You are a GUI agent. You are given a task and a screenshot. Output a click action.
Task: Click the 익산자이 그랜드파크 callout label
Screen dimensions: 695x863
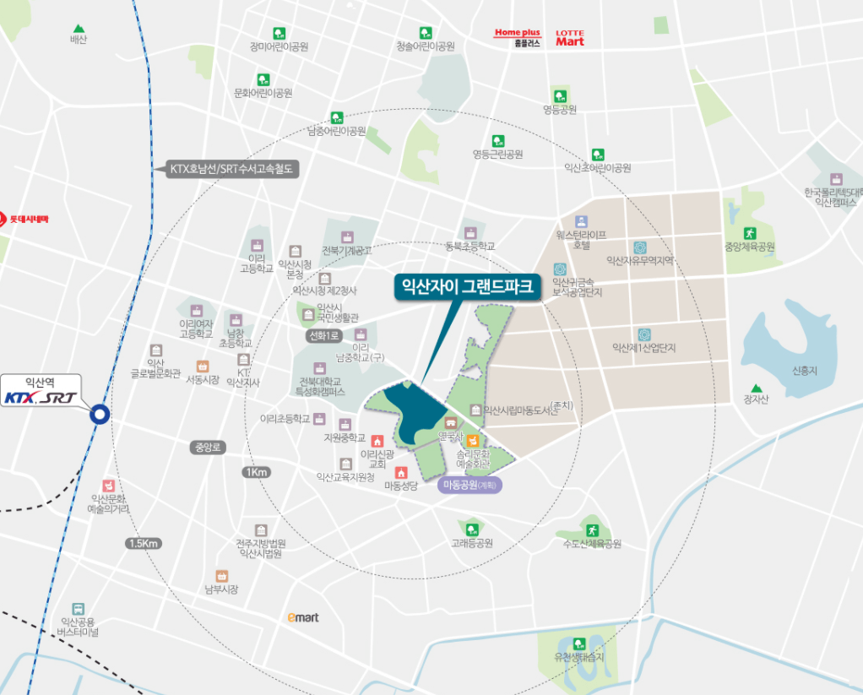[466, 287]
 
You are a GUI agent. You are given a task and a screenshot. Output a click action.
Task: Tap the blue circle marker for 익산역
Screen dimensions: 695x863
[100, 414]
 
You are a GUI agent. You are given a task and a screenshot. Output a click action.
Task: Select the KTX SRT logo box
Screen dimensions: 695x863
[41, 398]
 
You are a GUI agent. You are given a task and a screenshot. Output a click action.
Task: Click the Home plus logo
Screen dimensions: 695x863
[517, 33]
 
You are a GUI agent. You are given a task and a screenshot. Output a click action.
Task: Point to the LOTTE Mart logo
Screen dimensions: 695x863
[569, 38]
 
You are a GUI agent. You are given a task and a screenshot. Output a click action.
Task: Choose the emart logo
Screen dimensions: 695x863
[303, 617]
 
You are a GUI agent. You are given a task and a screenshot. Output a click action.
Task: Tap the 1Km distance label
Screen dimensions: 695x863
[256, 472]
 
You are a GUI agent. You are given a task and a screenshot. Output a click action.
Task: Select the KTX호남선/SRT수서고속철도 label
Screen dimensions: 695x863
[231, 169]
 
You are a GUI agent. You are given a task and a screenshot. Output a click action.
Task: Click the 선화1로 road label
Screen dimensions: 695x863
[323, 336]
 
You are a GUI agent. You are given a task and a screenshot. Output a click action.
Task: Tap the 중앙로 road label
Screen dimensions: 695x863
[206, 447]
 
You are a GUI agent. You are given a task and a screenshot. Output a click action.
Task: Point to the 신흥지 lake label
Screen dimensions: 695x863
[805, 372]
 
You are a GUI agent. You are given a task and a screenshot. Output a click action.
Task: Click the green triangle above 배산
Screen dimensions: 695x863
[79, 28]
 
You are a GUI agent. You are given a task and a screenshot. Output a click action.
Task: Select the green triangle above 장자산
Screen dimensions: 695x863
[756, 388]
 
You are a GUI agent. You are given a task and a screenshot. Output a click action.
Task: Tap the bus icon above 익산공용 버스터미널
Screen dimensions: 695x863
[78, 608]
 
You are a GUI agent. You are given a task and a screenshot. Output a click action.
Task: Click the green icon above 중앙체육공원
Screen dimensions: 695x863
[749, 233]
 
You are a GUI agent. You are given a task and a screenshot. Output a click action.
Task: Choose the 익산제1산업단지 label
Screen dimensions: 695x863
[644, 348]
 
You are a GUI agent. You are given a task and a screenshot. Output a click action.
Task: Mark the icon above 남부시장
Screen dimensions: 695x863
[221, 575]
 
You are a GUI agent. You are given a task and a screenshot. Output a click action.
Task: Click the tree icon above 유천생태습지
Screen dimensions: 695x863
[579, 643]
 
